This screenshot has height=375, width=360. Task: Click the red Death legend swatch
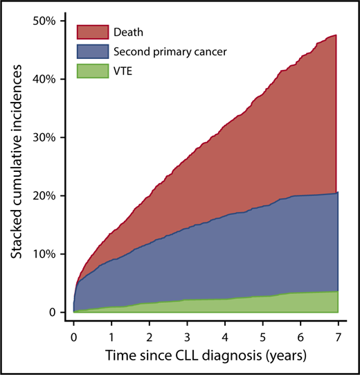[x=92, y=31]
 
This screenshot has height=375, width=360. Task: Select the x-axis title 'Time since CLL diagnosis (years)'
[x=205, y=356]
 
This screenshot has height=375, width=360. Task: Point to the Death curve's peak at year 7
[x=336, y=35]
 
